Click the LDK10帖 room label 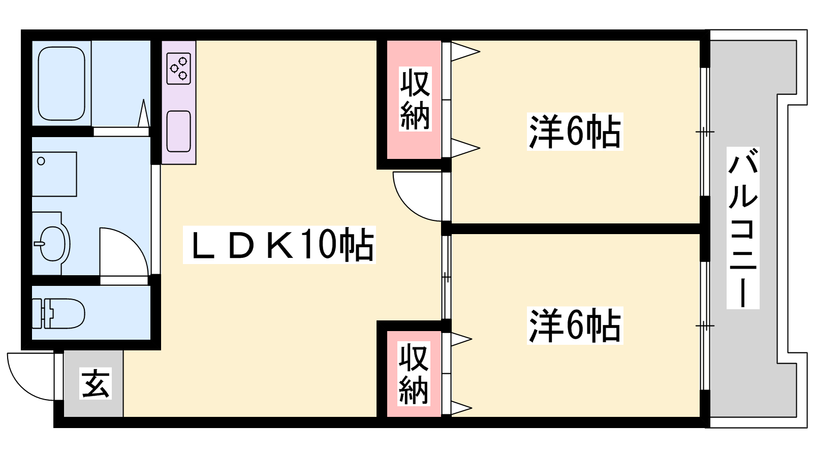click(x=279, y=245)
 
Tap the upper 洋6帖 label click(x=575, y=132)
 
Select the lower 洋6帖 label click(x=575, y=325)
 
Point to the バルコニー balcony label click(x=742, y=228)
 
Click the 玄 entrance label click(x=96, y=384)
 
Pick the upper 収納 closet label click(x=415, y=100)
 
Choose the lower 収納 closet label click(x=413, y=374)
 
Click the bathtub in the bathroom click(x=61, y=84)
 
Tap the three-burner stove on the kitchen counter click(x=179, y=69)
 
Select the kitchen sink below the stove click(x=178, y=131)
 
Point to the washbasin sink click(x=52, y=243)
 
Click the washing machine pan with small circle click(x=54, y=174)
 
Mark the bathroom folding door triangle click(x=144, y=114)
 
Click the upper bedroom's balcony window click(x=704, y=132)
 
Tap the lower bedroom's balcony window click(x=704, y=325)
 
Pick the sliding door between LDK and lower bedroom click(x=446, y=277)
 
